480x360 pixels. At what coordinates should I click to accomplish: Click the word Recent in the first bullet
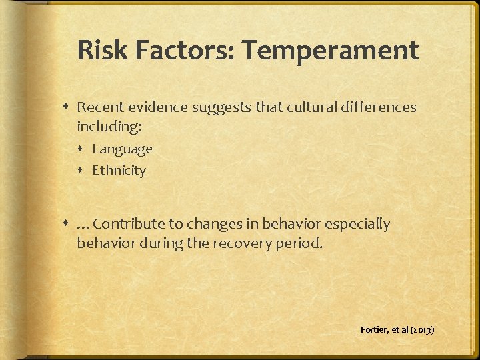tap(99, 107)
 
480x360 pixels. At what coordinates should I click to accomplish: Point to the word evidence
tap(155, 107)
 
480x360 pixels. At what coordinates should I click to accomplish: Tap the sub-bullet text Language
tap(122, 149)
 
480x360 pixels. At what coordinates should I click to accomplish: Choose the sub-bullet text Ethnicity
tap(119, 170)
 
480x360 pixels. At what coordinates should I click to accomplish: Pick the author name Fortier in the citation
tap(373, 329)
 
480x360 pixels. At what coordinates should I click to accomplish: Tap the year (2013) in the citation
tap(423, 329)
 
